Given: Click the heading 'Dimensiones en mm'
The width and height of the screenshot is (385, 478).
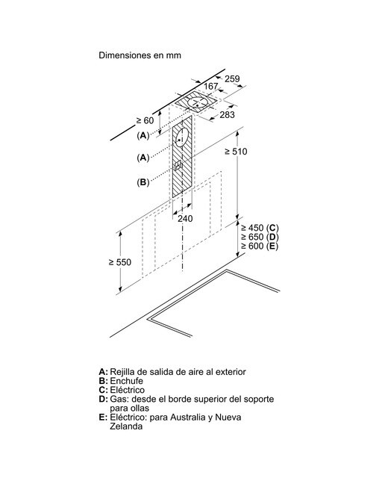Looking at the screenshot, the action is (x=140, y=55).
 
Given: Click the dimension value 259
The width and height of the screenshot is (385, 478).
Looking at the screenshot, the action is (x=232, y=78).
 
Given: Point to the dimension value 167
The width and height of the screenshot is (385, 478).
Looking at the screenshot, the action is (x=210, y=87).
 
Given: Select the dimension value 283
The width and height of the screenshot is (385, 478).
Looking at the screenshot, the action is (x=228, y=114).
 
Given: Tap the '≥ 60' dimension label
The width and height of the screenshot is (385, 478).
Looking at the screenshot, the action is (x=145, y=120).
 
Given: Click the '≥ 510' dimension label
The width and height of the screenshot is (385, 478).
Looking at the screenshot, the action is (x=236, y=151).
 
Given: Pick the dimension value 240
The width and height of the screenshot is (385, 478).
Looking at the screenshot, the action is (x=185, y=218).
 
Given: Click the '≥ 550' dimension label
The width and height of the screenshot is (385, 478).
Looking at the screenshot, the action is (x=120, y=262).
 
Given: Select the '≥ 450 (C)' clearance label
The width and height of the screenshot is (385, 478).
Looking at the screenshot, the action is (x=260, y=228).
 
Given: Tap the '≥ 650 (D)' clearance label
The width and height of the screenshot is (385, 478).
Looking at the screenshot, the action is (x=260, y=237).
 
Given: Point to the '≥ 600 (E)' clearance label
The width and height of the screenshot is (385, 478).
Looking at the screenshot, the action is (x=260, y=246).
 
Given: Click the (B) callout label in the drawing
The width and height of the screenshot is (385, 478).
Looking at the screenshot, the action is (x=143, y=182).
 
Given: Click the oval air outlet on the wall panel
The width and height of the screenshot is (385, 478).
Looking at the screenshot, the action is (x=182, y=137).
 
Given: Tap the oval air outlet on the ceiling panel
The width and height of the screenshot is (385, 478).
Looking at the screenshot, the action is (x=198, y=102).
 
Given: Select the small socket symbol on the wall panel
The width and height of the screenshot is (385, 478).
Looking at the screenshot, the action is (x=178, y=166).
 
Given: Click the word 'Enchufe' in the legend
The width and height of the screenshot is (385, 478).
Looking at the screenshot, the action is (x=126, y=381).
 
